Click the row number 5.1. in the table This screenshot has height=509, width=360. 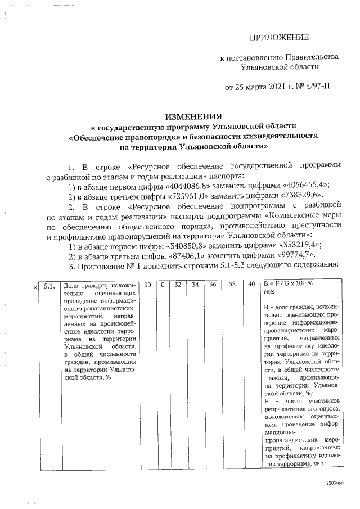(x=49, y=285)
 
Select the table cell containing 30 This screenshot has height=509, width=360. (x=147, y=285)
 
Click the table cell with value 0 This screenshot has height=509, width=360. (x=163, y=285)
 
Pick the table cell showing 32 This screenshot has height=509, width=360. (x=178, y=285)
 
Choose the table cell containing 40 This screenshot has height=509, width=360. (x=251, y=285)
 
